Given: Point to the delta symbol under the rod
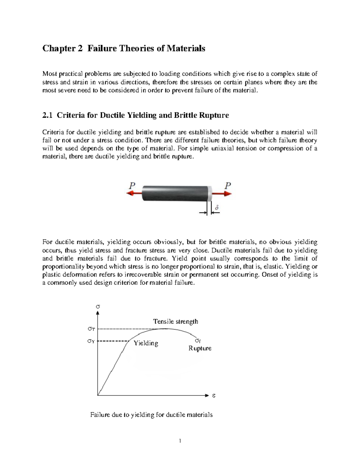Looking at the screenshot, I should point(217,207).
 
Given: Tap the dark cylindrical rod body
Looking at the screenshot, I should point(175,194).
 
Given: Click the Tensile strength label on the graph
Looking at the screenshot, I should point(175,321).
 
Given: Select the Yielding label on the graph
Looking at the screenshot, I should point(146,343).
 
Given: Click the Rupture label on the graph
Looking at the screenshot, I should point(200,348).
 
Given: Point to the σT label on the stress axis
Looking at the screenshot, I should point(91,329).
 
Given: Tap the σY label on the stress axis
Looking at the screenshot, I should point(91,341).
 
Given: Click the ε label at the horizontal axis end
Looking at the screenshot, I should point(214,396).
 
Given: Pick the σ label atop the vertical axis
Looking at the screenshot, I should point(97,307).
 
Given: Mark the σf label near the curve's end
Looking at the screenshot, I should point(198,341).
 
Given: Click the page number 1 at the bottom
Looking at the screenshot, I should point(180,441).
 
